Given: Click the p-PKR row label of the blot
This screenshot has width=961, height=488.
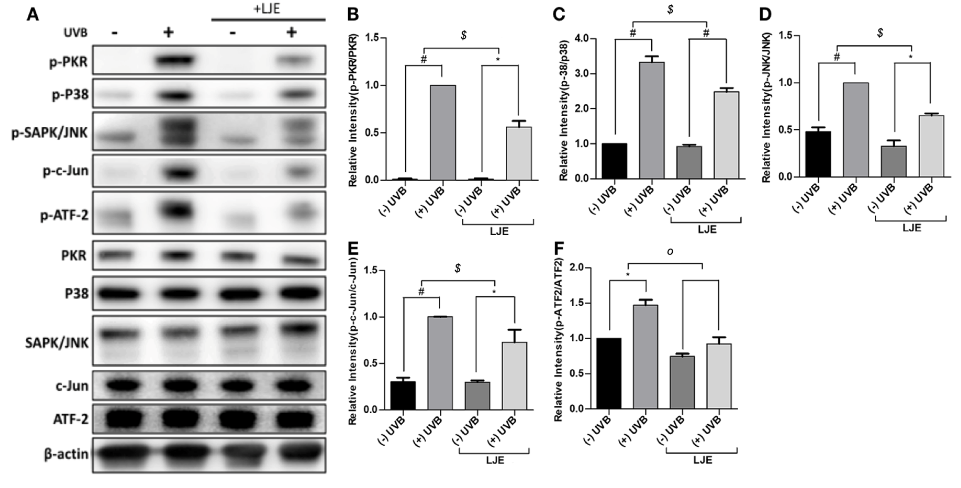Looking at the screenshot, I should [68, 62].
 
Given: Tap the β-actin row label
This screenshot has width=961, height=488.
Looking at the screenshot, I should [66, 454].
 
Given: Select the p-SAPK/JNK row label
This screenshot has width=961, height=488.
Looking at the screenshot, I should [50, 132].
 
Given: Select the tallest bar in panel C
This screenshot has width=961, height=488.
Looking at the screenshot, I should [651, 120].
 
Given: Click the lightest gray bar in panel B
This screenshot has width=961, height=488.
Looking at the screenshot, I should [518, 153].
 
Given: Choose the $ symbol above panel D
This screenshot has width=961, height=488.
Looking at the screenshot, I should [880, 33].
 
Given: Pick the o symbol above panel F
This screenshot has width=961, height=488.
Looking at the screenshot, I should [670, 252].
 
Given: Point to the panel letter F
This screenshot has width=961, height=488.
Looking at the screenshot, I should [558, 248].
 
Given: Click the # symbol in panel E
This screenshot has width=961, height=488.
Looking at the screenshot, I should [421, 292].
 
